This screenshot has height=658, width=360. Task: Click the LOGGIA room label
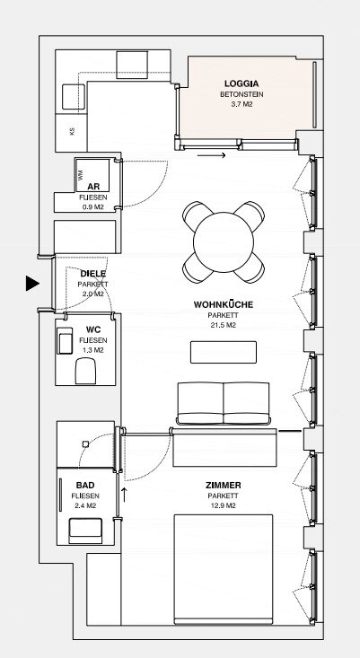coord(241,83)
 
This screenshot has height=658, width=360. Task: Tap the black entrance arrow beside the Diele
coord(32,284)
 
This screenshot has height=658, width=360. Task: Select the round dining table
coord(224,242)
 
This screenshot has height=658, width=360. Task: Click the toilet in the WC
coord(86,371)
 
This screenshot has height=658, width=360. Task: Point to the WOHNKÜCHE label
coord(224,304)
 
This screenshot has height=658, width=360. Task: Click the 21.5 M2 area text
coord(224,325)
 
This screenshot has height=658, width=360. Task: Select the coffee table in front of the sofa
coord(224,352)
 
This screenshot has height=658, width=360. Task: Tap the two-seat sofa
coord(224,403)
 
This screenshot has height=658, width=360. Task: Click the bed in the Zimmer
coord(224,569)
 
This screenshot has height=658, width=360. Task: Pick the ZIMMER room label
coord(224,486)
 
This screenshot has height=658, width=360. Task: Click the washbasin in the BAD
coord(85,531)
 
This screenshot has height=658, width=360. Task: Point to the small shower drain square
coord(85,443)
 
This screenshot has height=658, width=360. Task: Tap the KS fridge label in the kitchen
coord(72,131)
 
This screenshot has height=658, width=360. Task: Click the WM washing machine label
coord(80,173)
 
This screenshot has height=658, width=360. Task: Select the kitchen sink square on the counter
coord(74,97)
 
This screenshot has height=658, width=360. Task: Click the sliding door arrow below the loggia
coord(212,155)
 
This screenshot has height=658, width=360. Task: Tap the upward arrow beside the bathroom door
coord(124,495)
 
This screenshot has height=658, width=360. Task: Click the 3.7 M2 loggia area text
coord(241,104)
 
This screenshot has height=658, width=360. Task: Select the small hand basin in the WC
coord(65,340)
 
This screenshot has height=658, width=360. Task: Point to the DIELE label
coord(93,274)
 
